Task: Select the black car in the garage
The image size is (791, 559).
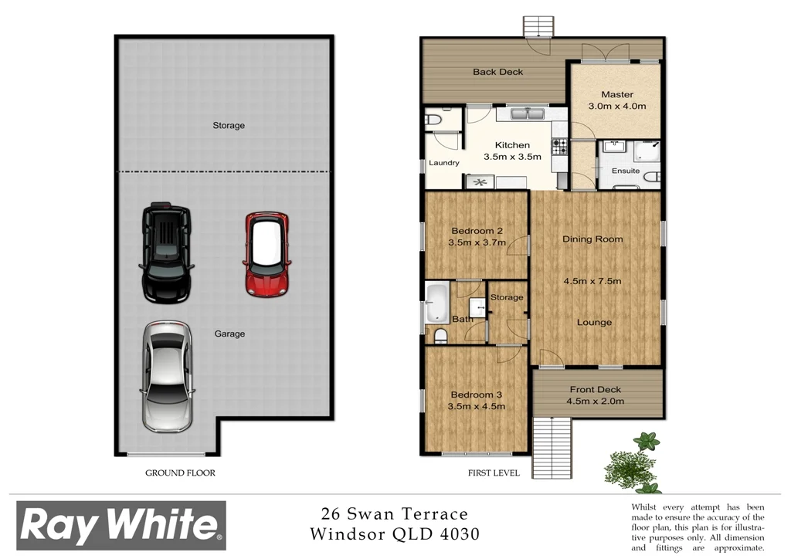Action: coord(165,253)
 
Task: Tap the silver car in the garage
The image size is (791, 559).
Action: coord(166,376)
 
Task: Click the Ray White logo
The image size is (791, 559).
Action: coord(121,525)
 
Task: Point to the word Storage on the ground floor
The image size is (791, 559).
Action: coord(229,125)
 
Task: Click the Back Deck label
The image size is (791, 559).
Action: coord(498,72)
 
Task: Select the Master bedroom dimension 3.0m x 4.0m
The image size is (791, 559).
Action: coord(616,107)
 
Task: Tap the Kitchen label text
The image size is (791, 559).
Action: coord(512,145)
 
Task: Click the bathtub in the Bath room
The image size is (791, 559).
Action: coord(437,303)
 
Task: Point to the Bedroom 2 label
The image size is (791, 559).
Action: coord(477,231)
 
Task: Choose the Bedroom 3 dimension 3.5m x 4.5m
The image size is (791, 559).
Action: coord(477,406)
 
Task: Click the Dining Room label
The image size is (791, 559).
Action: coord(592,239)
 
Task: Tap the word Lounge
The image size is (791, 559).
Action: coord(593,323)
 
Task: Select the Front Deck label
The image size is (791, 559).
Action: coord(595,390)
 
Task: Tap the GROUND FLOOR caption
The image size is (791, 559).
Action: coord(180,473)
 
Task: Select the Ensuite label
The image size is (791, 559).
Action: coord(626,171)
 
